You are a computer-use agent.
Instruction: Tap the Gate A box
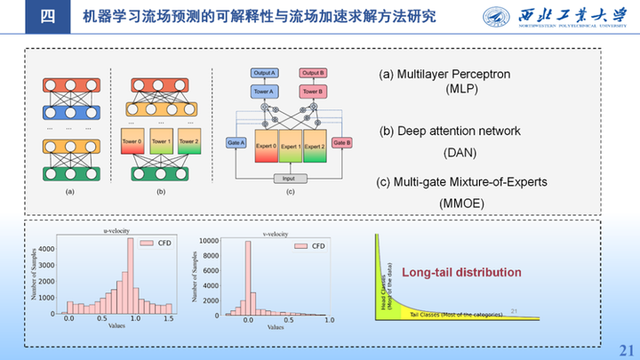(236, 142)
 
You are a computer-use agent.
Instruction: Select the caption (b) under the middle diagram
(159, 191)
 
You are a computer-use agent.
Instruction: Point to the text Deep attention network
(450, 131)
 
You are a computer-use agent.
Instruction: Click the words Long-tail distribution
(461, 272)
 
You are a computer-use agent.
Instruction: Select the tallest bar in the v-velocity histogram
(248, 278)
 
